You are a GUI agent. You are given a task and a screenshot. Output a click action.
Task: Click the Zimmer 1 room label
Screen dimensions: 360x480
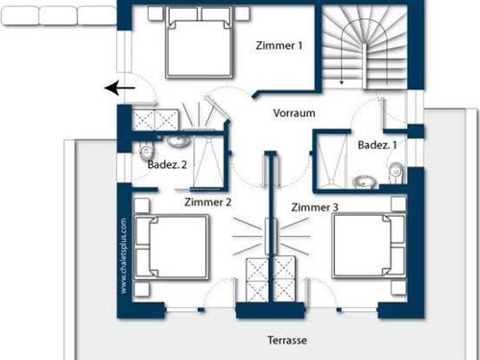(x=279, y=45)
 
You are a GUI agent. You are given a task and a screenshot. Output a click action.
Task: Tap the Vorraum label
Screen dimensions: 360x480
(x=295, y=112)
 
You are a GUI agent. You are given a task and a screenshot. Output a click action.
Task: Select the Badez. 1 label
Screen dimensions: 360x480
(x=375, y=145)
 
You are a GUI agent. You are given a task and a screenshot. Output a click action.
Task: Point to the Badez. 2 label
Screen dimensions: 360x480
(x=168, y=164)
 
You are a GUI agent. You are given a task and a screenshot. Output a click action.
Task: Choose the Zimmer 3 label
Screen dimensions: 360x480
(x=315, y=207)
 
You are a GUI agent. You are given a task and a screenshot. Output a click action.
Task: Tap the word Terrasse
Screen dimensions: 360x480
(x=288, y=341)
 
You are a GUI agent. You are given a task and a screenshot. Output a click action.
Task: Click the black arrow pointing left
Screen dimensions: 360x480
(x=120, y=88)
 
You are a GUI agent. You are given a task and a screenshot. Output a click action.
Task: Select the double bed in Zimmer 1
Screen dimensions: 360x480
(x=199, y=44)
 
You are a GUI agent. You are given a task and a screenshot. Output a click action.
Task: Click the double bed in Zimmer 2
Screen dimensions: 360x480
(x=171, y=247)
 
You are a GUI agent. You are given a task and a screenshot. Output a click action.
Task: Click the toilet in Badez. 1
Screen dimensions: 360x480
(x=396, y=171)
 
